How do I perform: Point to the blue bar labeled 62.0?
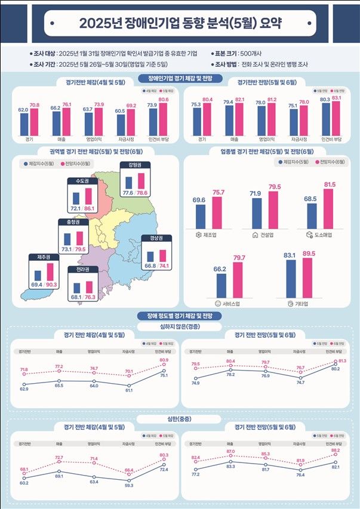point(24,124)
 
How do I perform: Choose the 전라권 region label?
point(83,270)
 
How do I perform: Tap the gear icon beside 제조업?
point(199,235)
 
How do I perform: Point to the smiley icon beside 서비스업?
point(217,304)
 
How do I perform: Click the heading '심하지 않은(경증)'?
point(180,326)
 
